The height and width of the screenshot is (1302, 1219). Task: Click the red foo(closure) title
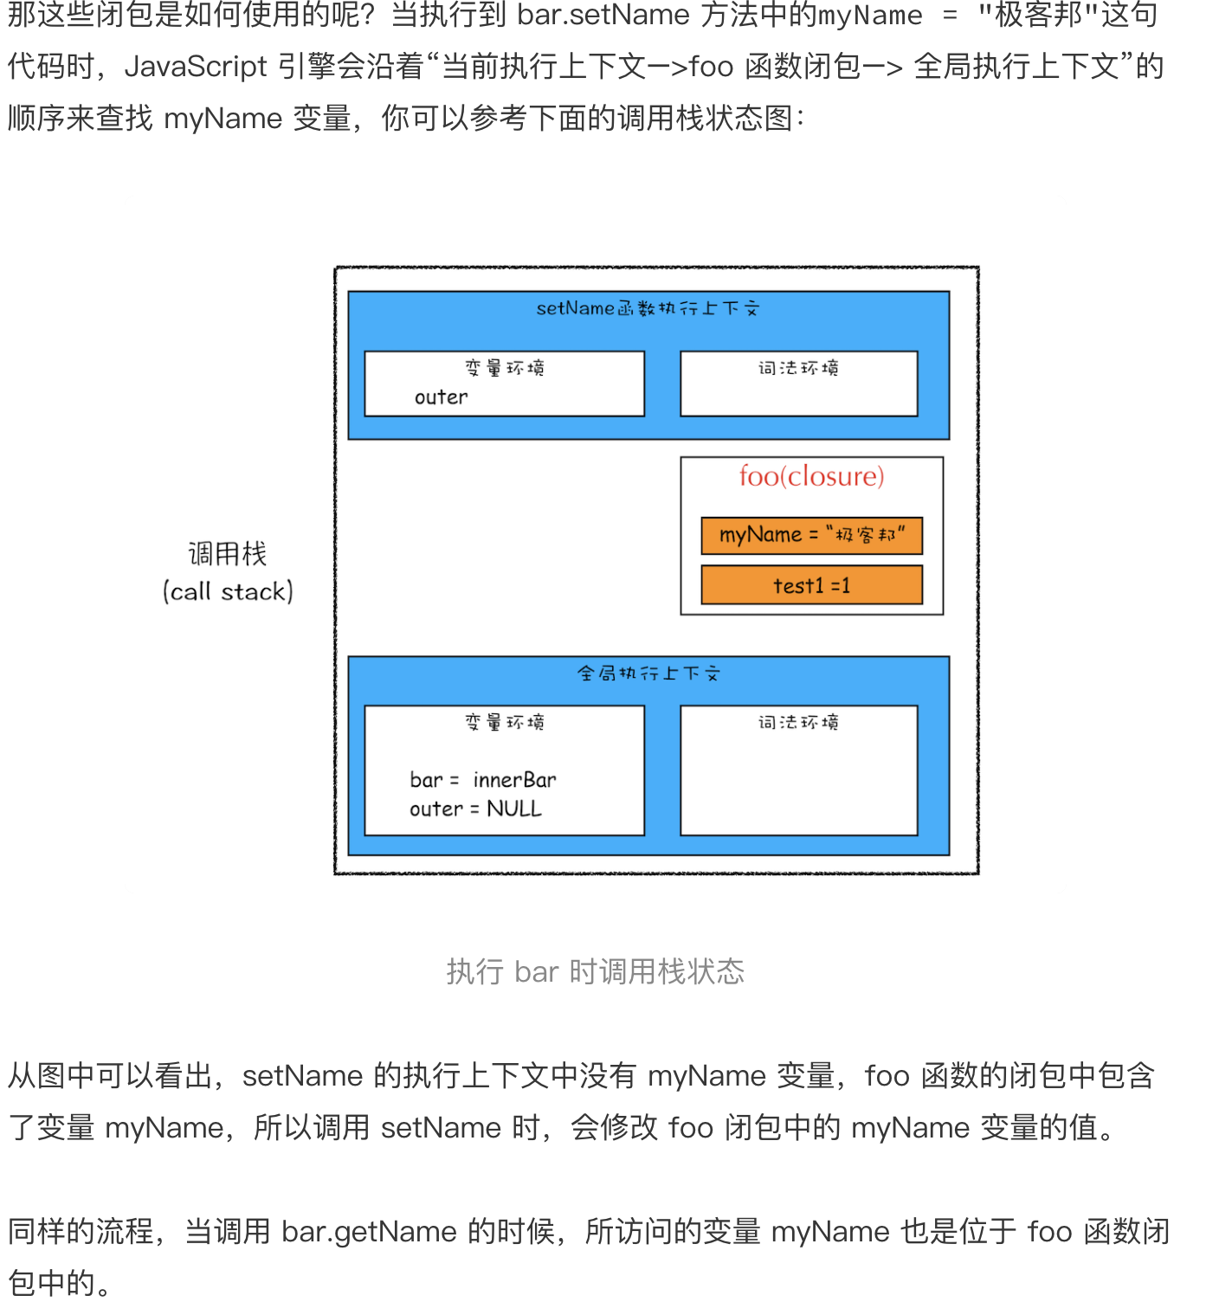click(x=811, y=476)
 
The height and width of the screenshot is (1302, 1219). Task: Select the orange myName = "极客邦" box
click(x=811, y=535)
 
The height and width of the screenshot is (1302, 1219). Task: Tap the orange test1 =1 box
click(x=811, y=585)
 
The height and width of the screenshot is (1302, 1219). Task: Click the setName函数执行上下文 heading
click(x=648, y=308)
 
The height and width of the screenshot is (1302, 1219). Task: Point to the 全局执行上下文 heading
click(x=648, y=673)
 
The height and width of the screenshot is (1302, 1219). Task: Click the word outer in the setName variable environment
click(x=441, y=397)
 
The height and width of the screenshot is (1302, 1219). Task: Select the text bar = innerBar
click(x=482, y=780)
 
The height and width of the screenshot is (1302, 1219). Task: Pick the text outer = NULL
click(x=475, y=809)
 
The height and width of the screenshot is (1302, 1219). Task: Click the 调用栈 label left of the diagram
click(x=228, y=553)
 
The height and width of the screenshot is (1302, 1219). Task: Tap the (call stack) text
click(x=228, y=591)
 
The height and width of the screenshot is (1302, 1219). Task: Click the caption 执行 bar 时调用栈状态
click(x=595, y=971)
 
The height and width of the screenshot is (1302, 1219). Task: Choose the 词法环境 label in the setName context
click(x=798, y=368)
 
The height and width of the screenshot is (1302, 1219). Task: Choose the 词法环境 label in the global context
click(x=798, y=722)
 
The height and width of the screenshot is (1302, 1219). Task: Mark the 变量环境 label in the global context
click(x=505, y=722)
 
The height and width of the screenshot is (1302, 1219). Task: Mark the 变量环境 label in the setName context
click(x=505, y=368)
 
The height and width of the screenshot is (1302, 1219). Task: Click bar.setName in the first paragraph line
click(x=603, y=15)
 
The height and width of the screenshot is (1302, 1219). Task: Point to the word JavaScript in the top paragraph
click(x=196, y=67)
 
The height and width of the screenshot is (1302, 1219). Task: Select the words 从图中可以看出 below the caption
click(x=110, y=1075)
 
